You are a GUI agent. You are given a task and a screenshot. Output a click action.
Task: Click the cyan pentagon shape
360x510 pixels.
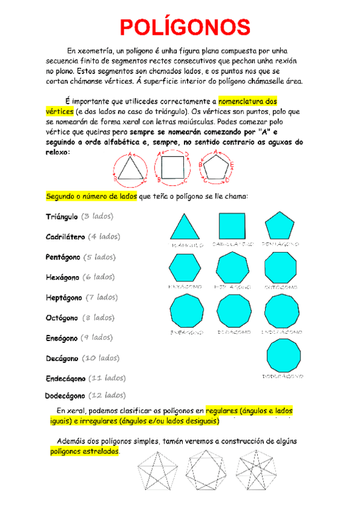coord(279,227)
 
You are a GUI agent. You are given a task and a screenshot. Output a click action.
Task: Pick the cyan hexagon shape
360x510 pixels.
coord(185,268)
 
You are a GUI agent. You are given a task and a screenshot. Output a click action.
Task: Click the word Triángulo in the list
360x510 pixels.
coord(63,217)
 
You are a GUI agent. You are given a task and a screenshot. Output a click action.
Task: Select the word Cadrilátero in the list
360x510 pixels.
coord(66,237)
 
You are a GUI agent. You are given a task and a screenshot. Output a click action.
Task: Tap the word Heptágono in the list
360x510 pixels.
coord(64,297)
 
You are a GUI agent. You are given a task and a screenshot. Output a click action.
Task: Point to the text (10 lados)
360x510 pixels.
coord(100,358)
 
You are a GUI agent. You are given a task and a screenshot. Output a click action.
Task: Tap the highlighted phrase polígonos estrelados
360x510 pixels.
coord(84,451)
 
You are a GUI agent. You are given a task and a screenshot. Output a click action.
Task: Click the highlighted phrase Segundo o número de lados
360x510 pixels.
coord(91,197)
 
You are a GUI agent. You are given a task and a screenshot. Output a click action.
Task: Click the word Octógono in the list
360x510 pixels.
coord(62,318)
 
